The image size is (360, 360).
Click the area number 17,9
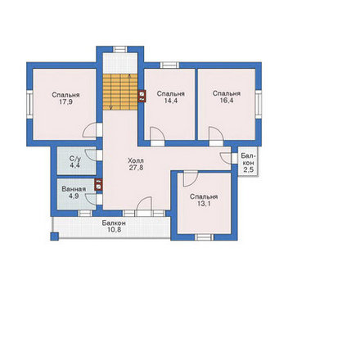tap(65, 102)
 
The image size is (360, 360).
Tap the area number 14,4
tap(171, 101)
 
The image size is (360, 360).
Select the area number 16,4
tap(227, 101)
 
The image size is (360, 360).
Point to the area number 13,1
tap(204, 204)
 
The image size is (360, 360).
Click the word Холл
tap(136, 160)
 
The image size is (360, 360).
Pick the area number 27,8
tap(136, 168)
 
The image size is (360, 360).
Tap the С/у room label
tap(75, 159)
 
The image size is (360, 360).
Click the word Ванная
tap(74, 189)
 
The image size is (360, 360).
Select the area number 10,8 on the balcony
tap(114, 230)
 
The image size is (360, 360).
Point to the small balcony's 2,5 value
tap(249, 169)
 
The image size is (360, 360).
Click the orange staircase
tap(120, 92)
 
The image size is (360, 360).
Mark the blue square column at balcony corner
tap(55, 236)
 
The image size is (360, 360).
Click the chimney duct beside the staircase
tap(142, 96)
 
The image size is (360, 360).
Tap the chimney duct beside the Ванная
tap(98, 184)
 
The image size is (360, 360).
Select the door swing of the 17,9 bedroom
tap(89, 130)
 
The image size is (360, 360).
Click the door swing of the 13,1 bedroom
tap(190, 179)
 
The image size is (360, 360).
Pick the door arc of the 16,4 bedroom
tap(216, 133)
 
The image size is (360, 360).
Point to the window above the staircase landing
tap(120, 49)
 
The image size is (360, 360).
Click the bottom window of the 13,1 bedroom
tap(205, 237)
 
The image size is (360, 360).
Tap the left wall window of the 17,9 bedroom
tap(29, 105)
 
